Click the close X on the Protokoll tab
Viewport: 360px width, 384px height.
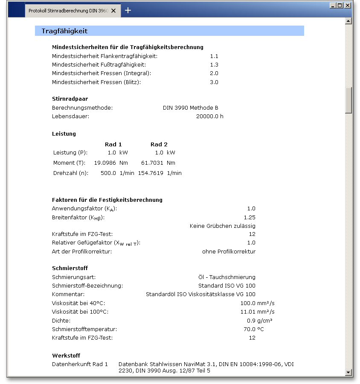coord(113,11)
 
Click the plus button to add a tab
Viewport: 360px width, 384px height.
coord(128,10)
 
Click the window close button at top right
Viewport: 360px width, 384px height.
coord(348,6)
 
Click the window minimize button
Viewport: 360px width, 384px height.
coord(333,6)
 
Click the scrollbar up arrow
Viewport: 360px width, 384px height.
coord(348,20)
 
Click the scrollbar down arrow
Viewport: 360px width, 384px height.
coord(348,372)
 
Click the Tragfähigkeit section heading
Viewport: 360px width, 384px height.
coord(64,31)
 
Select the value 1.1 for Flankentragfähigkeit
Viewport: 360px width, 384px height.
coord(214,56)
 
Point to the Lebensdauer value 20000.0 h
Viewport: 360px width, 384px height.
coord(209,116)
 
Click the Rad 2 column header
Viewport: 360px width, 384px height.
coord(159,144)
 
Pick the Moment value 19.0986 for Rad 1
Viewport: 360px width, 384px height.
coord(105,163)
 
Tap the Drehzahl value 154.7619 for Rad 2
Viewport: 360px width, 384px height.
coord(151,173)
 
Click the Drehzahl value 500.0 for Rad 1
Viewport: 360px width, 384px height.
coord(108,173)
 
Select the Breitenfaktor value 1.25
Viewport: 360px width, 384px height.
coord(250,218)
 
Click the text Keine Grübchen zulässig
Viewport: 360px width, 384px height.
coord(222,226)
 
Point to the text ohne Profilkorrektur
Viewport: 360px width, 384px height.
coord(229,251)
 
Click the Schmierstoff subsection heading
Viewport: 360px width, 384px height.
coord(70,268)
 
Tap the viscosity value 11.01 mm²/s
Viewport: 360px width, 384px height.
coord(258,311)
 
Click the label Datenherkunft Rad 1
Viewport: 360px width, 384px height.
coord(80,364)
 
